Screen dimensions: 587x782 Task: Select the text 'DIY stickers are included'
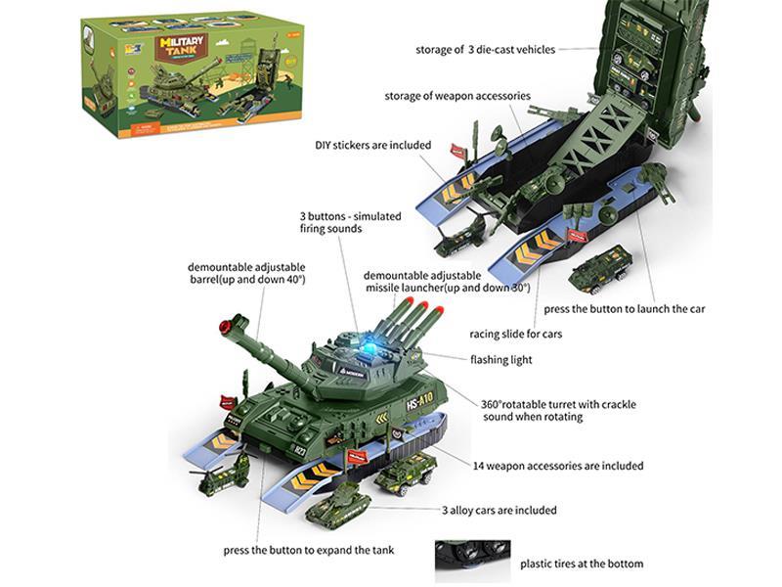(372, 145)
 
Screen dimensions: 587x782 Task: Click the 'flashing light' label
(502, 359)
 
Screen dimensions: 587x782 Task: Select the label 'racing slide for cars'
(515, 334)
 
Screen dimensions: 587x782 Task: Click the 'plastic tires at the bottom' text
(582, 564)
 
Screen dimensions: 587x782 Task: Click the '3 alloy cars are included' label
(499, 510)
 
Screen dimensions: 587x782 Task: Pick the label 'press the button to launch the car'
(624, 308)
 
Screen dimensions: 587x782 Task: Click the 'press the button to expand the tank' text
(308, 550)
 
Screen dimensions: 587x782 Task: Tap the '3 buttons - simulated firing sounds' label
(336, 222)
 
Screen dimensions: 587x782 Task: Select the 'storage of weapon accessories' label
(456, 96)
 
